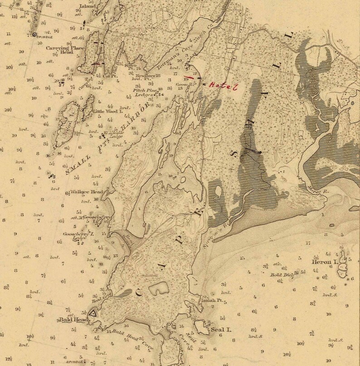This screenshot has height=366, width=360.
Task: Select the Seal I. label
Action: [221, 330]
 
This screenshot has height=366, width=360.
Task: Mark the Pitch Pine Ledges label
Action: [144, 93]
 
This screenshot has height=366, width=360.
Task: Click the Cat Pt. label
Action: [110, 76]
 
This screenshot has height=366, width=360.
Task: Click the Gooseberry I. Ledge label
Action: [82, 236]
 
